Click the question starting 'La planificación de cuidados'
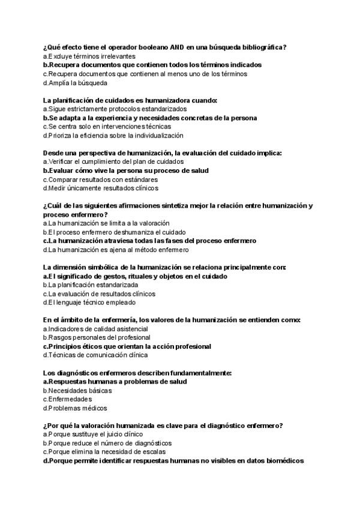coord(130,100)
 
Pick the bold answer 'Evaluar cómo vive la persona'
coord(125,170)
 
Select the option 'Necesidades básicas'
coord(73,390)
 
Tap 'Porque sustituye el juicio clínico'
coord(93,434)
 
